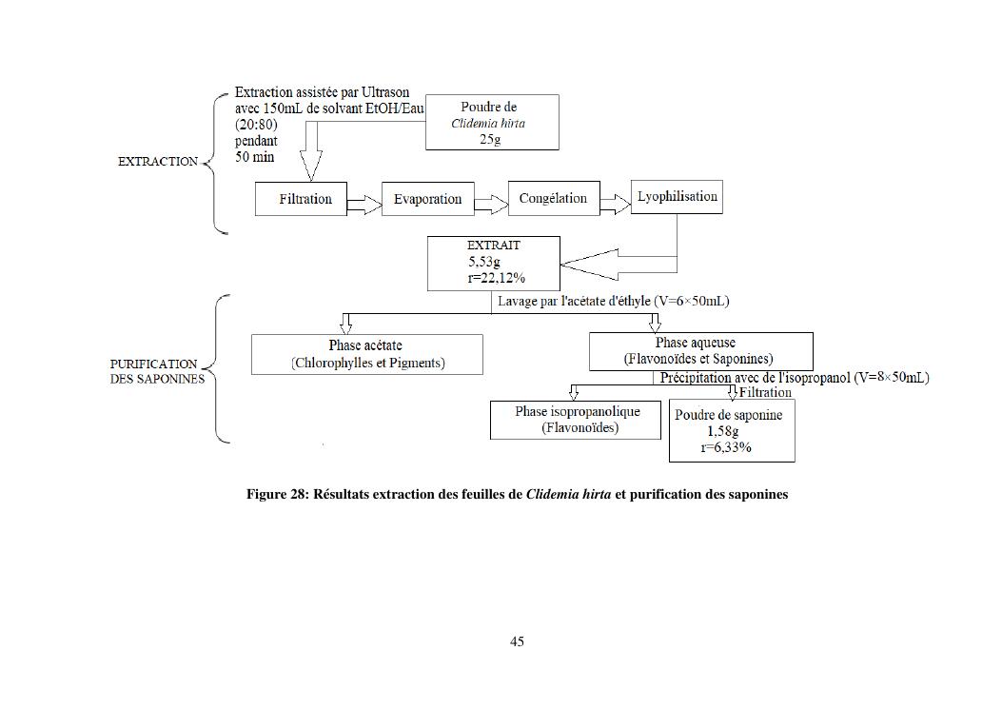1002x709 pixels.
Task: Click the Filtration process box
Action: pyautogui.click(x=301, y=199)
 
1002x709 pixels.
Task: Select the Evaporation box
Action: pyautogui.click(x=427, y=199)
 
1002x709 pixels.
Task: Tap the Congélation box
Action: pyautogui.click(x=554, y=198)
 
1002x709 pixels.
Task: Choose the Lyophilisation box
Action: pyautogui.click(x=677, y=196)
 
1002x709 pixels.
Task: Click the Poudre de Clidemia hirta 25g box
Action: pyautogui.click(x=491, y=122)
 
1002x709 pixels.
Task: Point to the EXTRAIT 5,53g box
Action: pyautogui.click(x=494, y=263)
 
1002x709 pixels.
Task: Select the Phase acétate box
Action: pyautogui.click(x=366, y=354)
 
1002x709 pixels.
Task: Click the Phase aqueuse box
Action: pyautogui.click(x=700, y=351)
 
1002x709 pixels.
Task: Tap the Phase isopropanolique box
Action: pyautogui.click(x=575, y=420)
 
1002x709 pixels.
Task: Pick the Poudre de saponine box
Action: pyautogui.click(x=731, y=431)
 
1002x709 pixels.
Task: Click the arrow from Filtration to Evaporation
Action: pyautogui.click(x=363, y=203)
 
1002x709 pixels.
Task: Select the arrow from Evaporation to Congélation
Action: pyautogui.click(x=491, y=203)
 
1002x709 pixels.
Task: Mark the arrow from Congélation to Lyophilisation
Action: pyautogui.click(x=615, y=203)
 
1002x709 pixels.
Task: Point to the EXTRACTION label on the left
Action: pyautogui.click(x=158, y=162)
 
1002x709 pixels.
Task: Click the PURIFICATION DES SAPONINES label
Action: pyautogui.click(x=156, y=371)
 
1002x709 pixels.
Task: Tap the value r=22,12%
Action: pyautogui.click(x=497, y=278)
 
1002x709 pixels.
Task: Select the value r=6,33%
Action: pyautogui.click(x=726, y=447)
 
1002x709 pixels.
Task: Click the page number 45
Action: pyautogui.click(x=517, y=641)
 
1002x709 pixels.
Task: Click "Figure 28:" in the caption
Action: pyautogui.click(x=278, y=495)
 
